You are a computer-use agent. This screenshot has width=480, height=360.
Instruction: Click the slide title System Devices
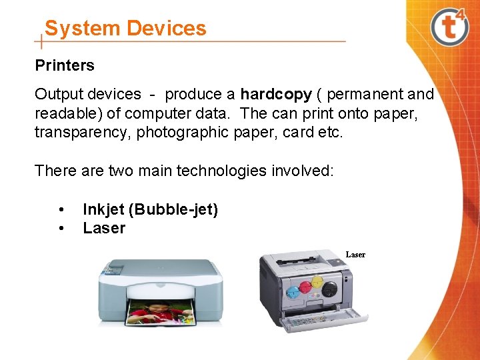[x=125, y=28]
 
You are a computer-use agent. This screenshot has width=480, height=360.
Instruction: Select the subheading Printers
[x=65, y=65]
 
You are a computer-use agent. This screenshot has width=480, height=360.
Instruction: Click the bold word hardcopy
[x=276, y=95]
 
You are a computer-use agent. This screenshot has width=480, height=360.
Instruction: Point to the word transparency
[x=83, y=132]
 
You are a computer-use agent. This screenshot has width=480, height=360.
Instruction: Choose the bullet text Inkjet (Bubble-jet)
[x=150, y=209]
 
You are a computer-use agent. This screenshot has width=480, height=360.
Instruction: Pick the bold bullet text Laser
[x=104, y=228]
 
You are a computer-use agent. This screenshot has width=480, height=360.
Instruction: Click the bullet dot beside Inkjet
[x=61, y=209]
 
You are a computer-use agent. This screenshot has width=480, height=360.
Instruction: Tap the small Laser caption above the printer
[x=355, y=255]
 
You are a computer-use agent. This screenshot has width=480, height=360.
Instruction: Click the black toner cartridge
[x=329, y=289]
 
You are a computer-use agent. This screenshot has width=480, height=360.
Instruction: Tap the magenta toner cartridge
[x=305, y=287]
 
